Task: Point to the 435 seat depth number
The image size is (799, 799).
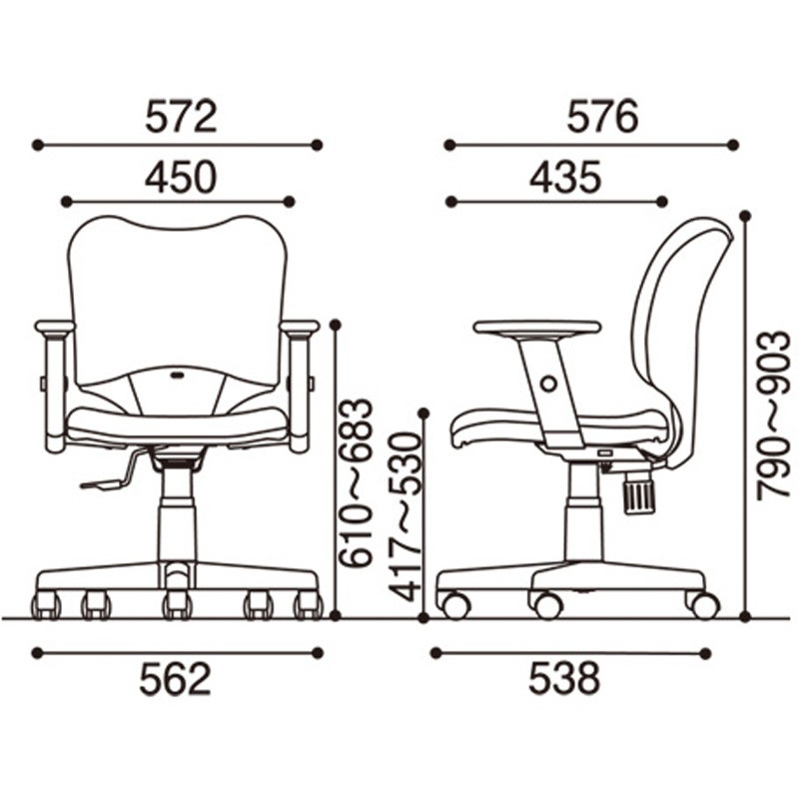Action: click(x=565, y=177)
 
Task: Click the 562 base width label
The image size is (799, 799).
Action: click(x=176, y=679)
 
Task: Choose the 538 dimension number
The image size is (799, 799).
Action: click(x=564, y=679)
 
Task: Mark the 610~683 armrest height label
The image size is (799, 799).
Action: click(x=357, y=483)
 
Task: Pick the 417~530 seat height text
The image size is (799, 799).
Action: click(x=405, y=517)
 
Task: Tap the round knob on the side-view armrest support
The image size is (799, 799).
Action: click(x=548, y=383)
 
